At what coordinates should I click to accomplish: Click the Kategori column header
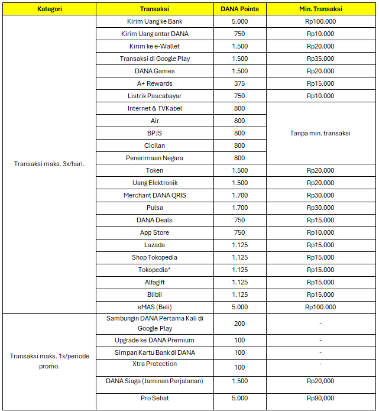(49, 9)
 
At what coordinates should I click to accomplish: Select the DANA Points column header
(239, 9)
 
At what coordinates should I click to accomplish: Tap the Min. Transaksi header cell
(320, 9)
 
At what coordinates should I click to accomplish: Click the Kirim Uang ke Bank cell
(155, 21)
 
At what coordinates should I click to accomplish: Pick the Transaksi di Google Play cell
(155, 59)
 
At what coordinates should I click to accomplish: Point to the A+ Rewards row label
(155, 83)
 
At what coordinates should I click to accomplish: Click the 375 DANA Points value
(239, 83)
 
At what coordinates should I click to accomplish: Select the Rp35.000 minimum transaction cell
(320, 59)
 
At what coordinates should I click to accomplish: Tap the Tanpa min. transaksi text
(320, 133)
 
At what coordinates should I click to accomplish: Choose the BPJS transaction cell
(155, 133)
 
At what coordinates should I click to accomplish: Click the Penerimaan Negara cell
(155, 158)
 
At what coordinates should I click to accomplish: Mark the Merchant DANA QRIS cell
(155, 195)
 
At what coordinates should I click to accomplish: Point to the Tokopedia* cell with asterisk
(155, 270)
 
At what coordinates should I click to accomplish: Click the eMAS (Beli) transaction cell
(155, 307)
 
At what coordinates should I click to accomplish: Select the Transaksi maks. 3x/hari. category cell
(49, 164)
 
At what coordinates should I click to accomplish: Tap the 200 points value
(239, 323)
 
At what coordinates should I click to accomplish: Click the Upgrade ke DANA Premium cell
(155, 340)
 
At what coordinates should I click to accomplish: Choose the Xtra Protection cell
(155, 364)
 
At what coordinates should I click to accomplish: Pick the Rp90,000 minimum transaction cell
(320, 398)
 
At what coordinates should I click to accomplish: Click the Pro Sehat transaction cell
(155, 398)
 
